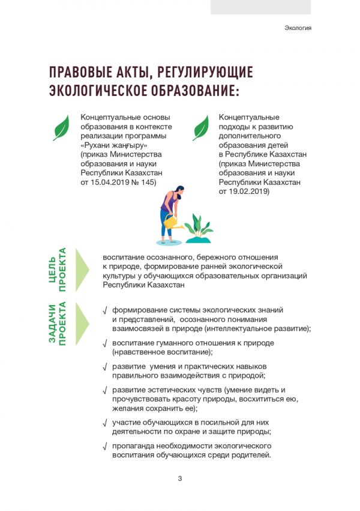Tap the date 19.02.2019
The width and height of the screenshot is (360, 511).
pyautogui.click(x=249, y=192)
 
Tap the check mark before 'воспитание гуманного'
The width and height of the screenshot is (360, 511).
pyautogui.click(x=105, y=343)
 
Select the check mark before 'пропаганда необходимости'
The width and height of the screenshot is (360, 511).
pyautogui.click(x=105, y=446)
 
